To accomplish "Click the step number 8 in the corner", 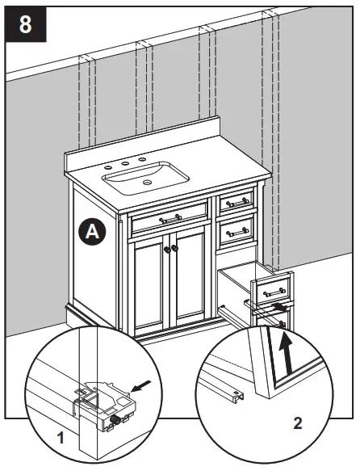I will pyautogui.click(x=25, y=23).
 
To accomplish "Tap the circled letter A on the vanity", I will pyautogui.click(x=93, y=232).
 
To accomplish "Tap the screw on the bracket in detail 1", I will pyautogui.click(x=117, y=418).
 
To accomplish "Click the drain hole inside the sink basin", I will pyautogui.click(x=148, y=183).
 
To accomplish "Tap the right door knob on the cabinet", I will pyautogui.click(x=174, y=250).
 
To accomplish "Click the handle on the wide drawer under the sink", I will pyautogui.click(x=170, y=218).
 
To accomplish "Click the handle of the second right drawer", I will pyautogui.click(x=237, y=232).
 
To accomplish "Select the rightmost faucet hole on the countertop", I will pyautogui.click(x=142, y=160).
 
